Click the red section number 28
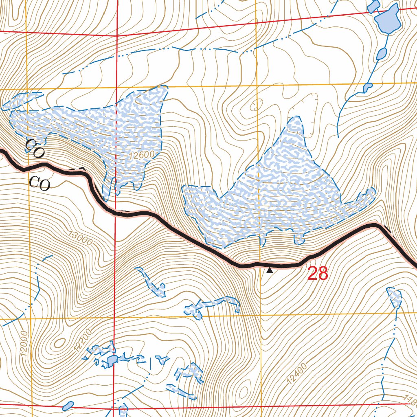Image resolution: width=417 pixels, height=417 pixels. (318, 274)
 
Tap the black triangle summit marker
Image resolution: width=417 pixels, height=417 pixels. (269, 270)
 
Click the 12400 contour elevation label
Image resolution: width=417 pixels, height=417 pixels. (296, 375)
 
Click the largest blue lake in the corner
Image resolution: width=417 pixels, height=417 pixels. (388, 20)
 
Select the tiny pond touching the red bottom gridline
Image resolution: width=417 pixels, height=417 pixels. (68, 406)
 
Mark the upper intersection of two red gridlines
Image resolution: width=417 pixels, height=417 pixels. (117, 35)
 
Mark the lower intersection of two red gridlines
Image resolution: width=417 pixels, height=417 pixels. (113, 406)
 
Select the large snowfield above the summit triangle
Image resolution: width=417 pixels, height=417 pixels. (277, 191)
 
